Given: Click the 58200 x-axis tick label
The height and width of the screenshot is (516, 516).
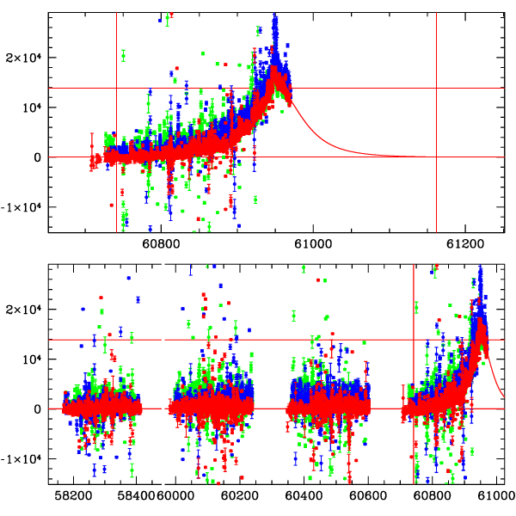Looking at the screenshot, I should point(71,496).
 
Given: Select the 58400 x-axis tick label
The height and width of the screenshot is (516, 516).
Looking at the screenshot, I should point(134,496).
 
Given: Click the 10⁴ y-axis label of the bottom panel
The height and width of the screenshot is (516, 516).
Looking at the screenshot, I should point(32,359).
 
